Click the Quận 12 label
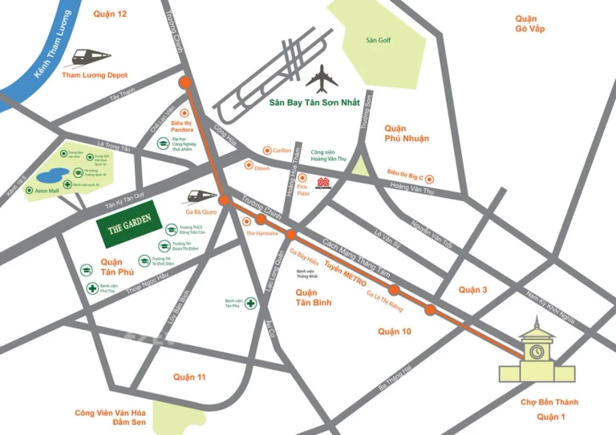point(111,14)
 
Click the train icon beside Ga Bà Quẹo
point(201,195)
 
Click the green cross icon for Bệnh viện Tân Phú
point(251,304)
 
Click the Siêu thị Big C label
point(405,172)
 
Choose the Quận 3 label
point(472,289)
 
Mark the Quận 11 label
point(189,377)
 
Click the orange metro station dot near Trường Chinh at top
point(185,83)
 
